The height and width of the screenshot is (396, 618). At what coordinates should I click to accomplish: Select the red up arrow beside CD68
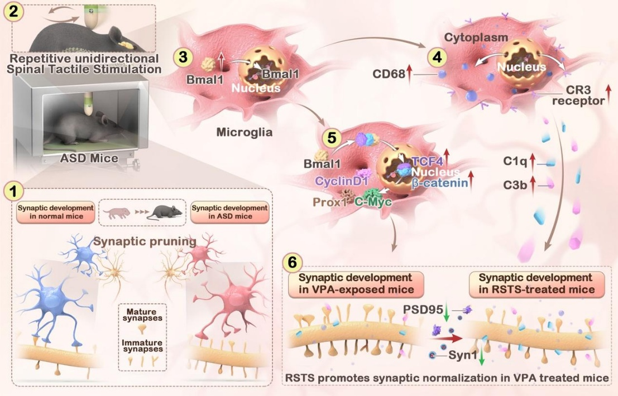409,72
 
